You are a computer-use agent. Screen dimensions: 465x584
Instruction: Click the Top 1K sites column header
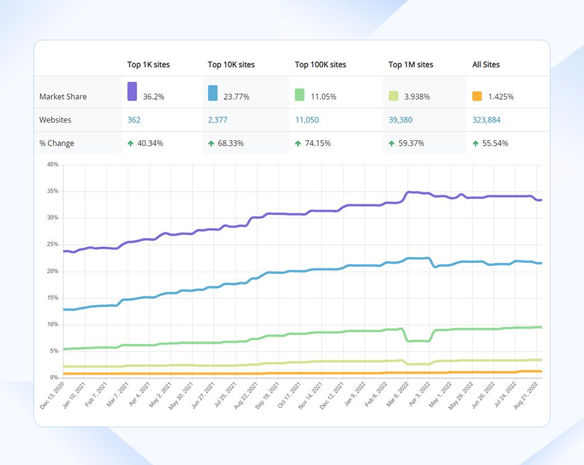[x=148, y=64]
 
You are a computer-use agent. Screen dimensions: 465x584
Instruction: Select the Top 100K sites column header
[x=320, y=64]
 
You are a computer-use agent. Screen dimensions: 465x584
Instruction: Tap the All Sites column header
[x=485, y=64]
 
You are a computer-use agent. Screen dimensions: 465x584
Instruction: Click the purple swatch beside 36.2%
[x=132, y=91]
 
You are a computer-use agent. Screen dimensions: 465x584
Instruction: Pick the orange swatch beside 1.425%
[x=477, y=96]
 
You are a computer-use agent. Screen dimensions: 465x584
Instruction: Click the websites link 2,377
[x=218, y=120]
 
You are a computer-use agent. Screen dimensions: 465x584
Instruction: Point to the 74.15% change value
[x=317, y=143]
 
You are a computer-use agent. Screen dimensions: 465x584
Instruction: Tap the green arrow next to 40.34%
[x=131, y=143]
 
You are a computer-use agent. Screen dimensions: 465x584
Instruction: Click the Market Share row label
[x=63, y=97]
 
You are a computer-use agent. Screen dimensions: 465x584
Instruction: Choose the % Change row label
[x=56, y=143]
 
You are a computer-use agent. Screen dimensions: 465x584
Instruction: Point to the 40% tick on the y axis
[x=52, y=165]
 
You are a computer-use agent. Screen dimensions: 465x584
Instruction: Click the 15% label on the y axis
[x=52, y=298]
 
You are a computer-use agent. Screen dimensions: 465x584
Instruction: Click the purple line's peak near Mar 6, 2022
[x=409, y=192]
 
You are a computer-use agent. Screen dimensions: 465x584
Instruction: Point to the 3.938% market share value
[x=417, y=97]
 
